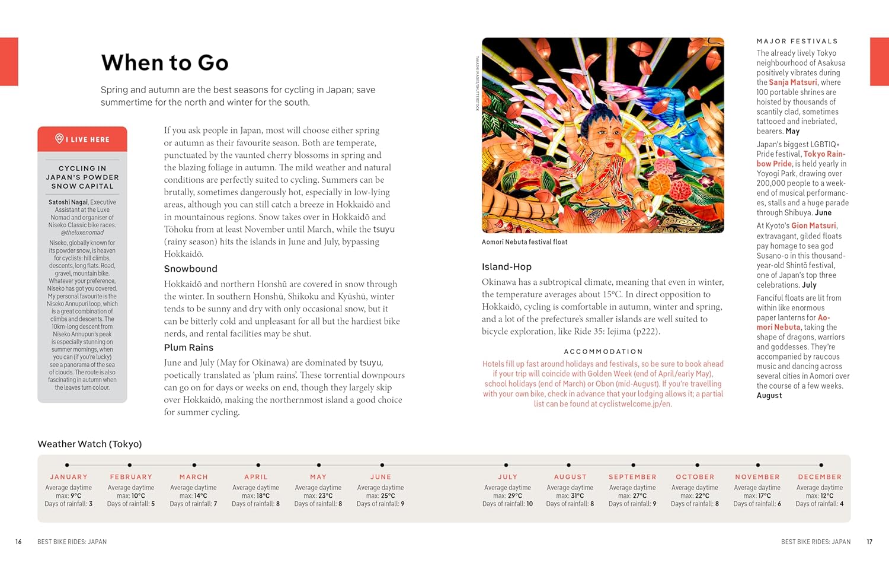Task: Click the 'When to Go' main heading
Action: (x=165, y=63)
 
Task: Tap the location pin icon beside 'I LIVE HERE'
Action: (x=59, y=139)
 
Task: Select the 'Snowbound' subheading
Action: (x=191, y=269)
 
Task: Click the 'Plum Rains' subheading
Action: (x=188, y=348)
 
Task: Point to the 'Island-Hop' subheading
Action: (x=507, y=267)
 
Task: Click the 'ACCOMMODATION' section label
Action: (x=603, y=352)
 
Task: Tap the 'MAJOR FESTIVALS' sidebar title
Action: (x=797, y=42)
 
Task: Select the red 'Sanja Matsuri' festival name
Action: (x=793, y=82)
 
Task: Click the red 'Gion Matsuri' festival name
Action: (x=814, y=226)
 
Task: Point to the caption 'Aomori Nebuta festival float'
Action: (x=525, y=242)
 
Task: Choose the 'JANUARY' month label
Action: (x=69, y=477)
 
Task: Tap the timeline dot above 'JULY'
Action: (x=506, y=465)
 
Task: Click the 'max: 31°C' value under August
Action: (x=570, y=496)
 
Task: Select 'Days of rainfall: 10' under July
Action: (x=507, y=504)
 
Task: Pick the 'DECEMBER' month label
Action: (x=820, y=477)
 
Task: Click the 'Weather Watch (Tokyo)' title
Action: (x=89, y=444)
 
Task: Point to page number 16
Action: (x=18, y=542)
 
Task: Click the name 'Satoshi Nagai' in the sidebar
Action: (x=68, y=202)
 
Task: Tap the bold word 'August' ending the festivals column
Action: (x=769, y=396)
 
